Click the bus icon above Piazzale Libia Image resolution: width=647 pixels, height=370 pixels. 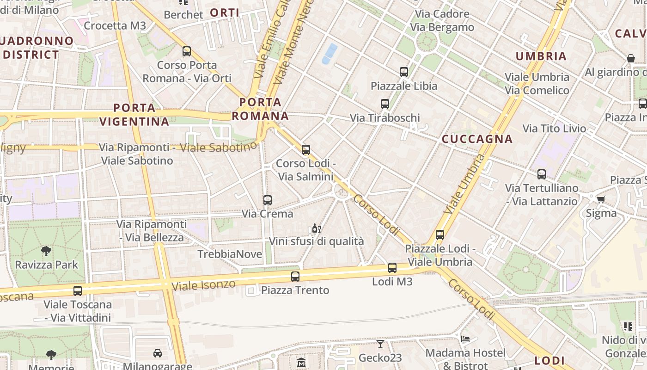[x=404, y=72]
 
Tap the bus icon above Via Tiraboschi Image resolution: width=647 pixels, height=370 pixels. [x=385, y=104]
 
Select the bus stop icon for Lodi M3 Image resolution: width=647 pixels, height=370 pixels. [x=392, y=268]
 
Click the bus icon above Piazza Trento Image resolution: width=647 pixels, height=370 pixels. [x=295, y=277]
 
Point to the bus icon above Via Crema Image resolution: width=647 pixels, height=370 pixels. [x=268, y=200]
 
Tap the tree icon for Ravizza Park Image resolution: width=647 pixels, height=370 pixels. [x=46, y=251]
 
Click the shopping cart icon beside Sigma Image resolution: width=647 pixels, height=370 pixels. [x=601, y=199]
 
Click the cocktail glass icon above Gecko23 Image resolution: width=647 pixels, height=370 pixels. [x=380, y=344]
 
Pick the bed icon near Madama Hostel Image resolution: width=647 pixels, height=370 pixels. [x=465, y=339]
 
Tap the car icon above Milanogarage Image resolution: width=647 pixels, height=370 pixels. [x=158, y=353]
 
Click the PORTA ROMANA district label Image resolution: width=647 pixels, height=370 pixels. [x=261, y=109]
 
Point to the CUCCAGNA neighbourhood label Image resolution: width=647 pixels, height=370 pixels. [x=477, y=139]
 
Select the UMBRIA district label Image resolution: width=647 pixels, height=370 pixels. [x=541, y=56]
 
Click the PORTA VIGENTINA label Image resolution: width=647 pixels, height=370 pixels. [x=134, y=115]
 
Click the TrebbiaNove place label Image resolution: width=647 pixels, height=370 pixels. [x=230, y=254]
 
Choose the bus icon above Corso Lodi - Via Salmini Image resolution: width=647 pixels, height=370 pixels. [x=306, y=150]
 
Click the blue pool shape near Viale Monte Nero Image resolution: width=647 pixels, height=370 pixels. [x=330, y=53]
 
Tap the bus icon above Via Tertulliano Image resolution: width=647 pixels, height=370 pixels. [x=542, y=174]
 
